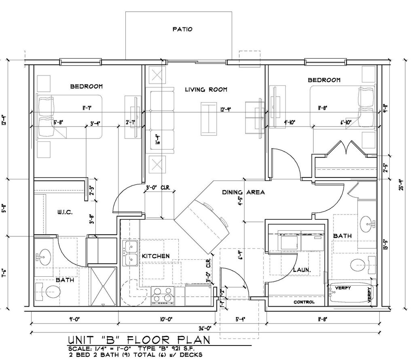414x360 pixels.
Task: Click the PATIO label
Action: pyautogui.click(x=182, y=29)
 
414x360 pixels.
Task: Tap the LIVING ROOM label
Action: pyautogui.click(x=206, y=89)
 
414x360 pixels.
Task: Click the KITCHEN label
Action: pyautogui.click(x=155, y=256)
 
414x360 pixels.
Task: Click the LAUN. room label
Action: pyautogui.click(x=301, y=269)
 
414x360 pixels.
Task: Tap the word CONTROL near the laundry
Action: pyautogui.click(x=304, y=302)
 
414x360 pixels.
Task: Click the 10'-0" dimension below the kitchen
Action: pyautogui.click(x=166, y=319)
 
